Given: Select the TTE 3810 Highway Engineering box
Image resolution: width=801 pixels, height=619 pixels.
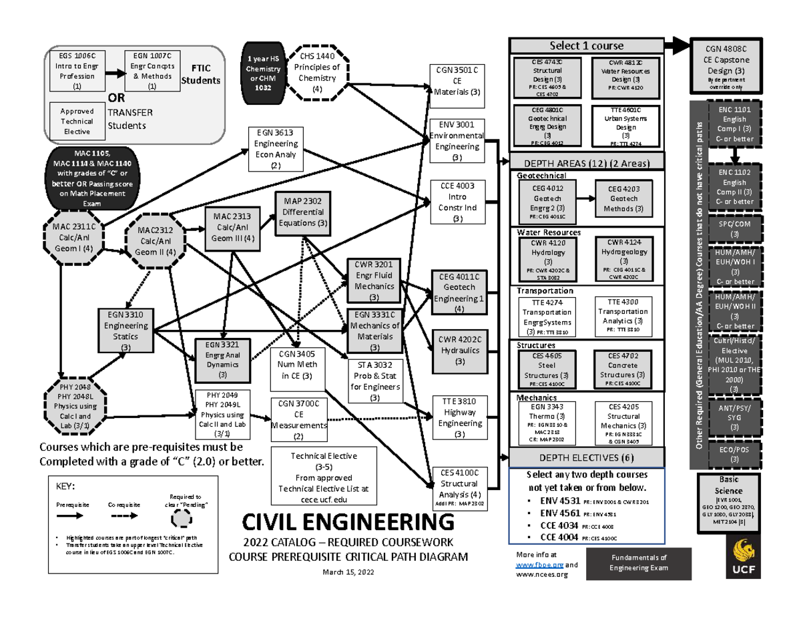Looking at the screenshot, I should [x=459, y=418].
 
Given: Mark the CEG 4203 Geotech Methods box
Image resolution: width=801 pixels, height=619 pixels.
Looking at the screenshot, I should [x=623, y=199].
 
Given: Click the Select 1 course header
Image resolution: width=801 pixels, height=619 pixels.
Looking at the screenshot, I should [x=586, y=45].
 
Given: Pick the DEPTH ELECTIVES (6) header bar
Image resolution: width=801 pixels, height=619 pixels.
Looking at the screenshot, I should [x=586, y=457].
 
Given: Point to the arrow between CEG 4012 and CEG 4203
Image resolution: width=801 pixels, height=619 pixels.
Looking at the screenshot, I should [x=585, y=198].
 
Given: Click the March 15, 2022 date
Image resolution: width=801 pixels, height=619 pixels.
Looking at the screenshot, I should [x=348, y=572].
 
